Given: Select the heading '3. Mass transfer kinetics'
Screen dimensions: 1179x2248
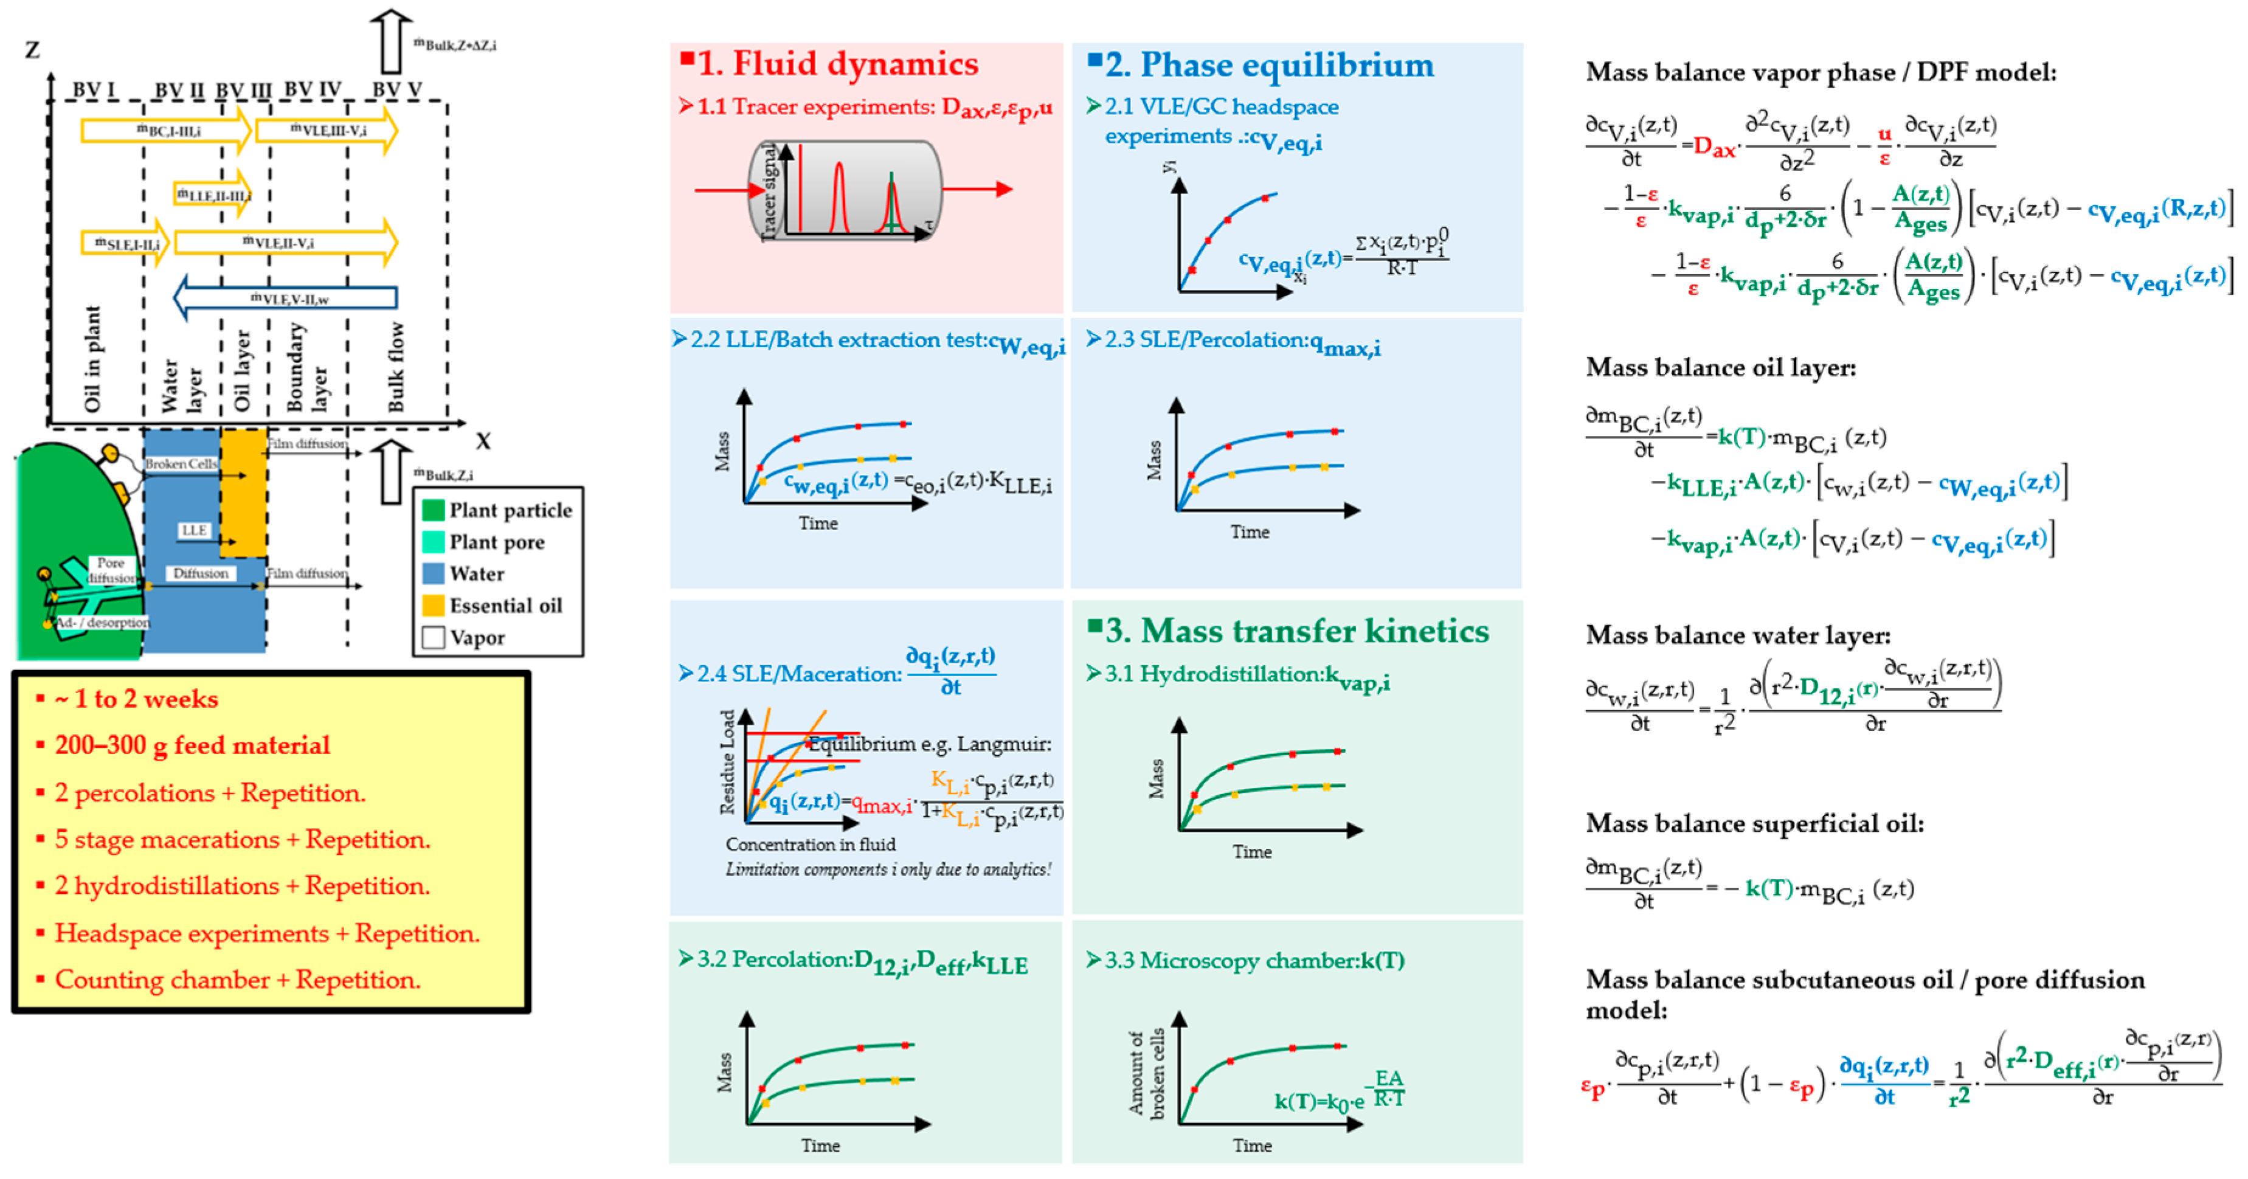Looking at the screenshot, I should [1296, 631].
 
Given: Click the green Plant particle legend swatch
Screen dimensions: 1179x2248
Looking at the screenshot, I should [433, 510].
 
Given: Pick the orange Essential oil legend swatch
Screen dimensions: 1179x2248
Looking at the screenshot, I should [433, 605].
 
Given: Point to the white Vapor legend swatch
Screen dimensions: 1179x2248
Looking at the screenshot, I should [433, 637].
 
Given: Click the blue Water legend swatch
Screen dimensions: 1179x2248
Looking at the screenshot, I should [433, 573].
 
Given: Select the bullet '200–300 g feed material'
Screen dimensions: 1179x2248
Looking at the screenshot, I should [192, 745].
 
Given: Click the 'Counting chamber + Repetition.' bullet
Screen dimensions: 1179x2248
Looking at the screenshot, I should [237, 980].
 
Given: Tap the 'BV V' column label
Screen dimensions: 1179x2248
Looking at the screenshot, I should [397, 90].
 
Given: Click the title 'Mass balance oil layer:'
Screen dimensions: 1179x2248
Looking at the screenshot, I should [1720, 367].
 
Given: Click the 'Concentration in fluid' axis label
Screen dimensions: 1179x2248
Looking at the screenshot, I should [811, 845].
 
